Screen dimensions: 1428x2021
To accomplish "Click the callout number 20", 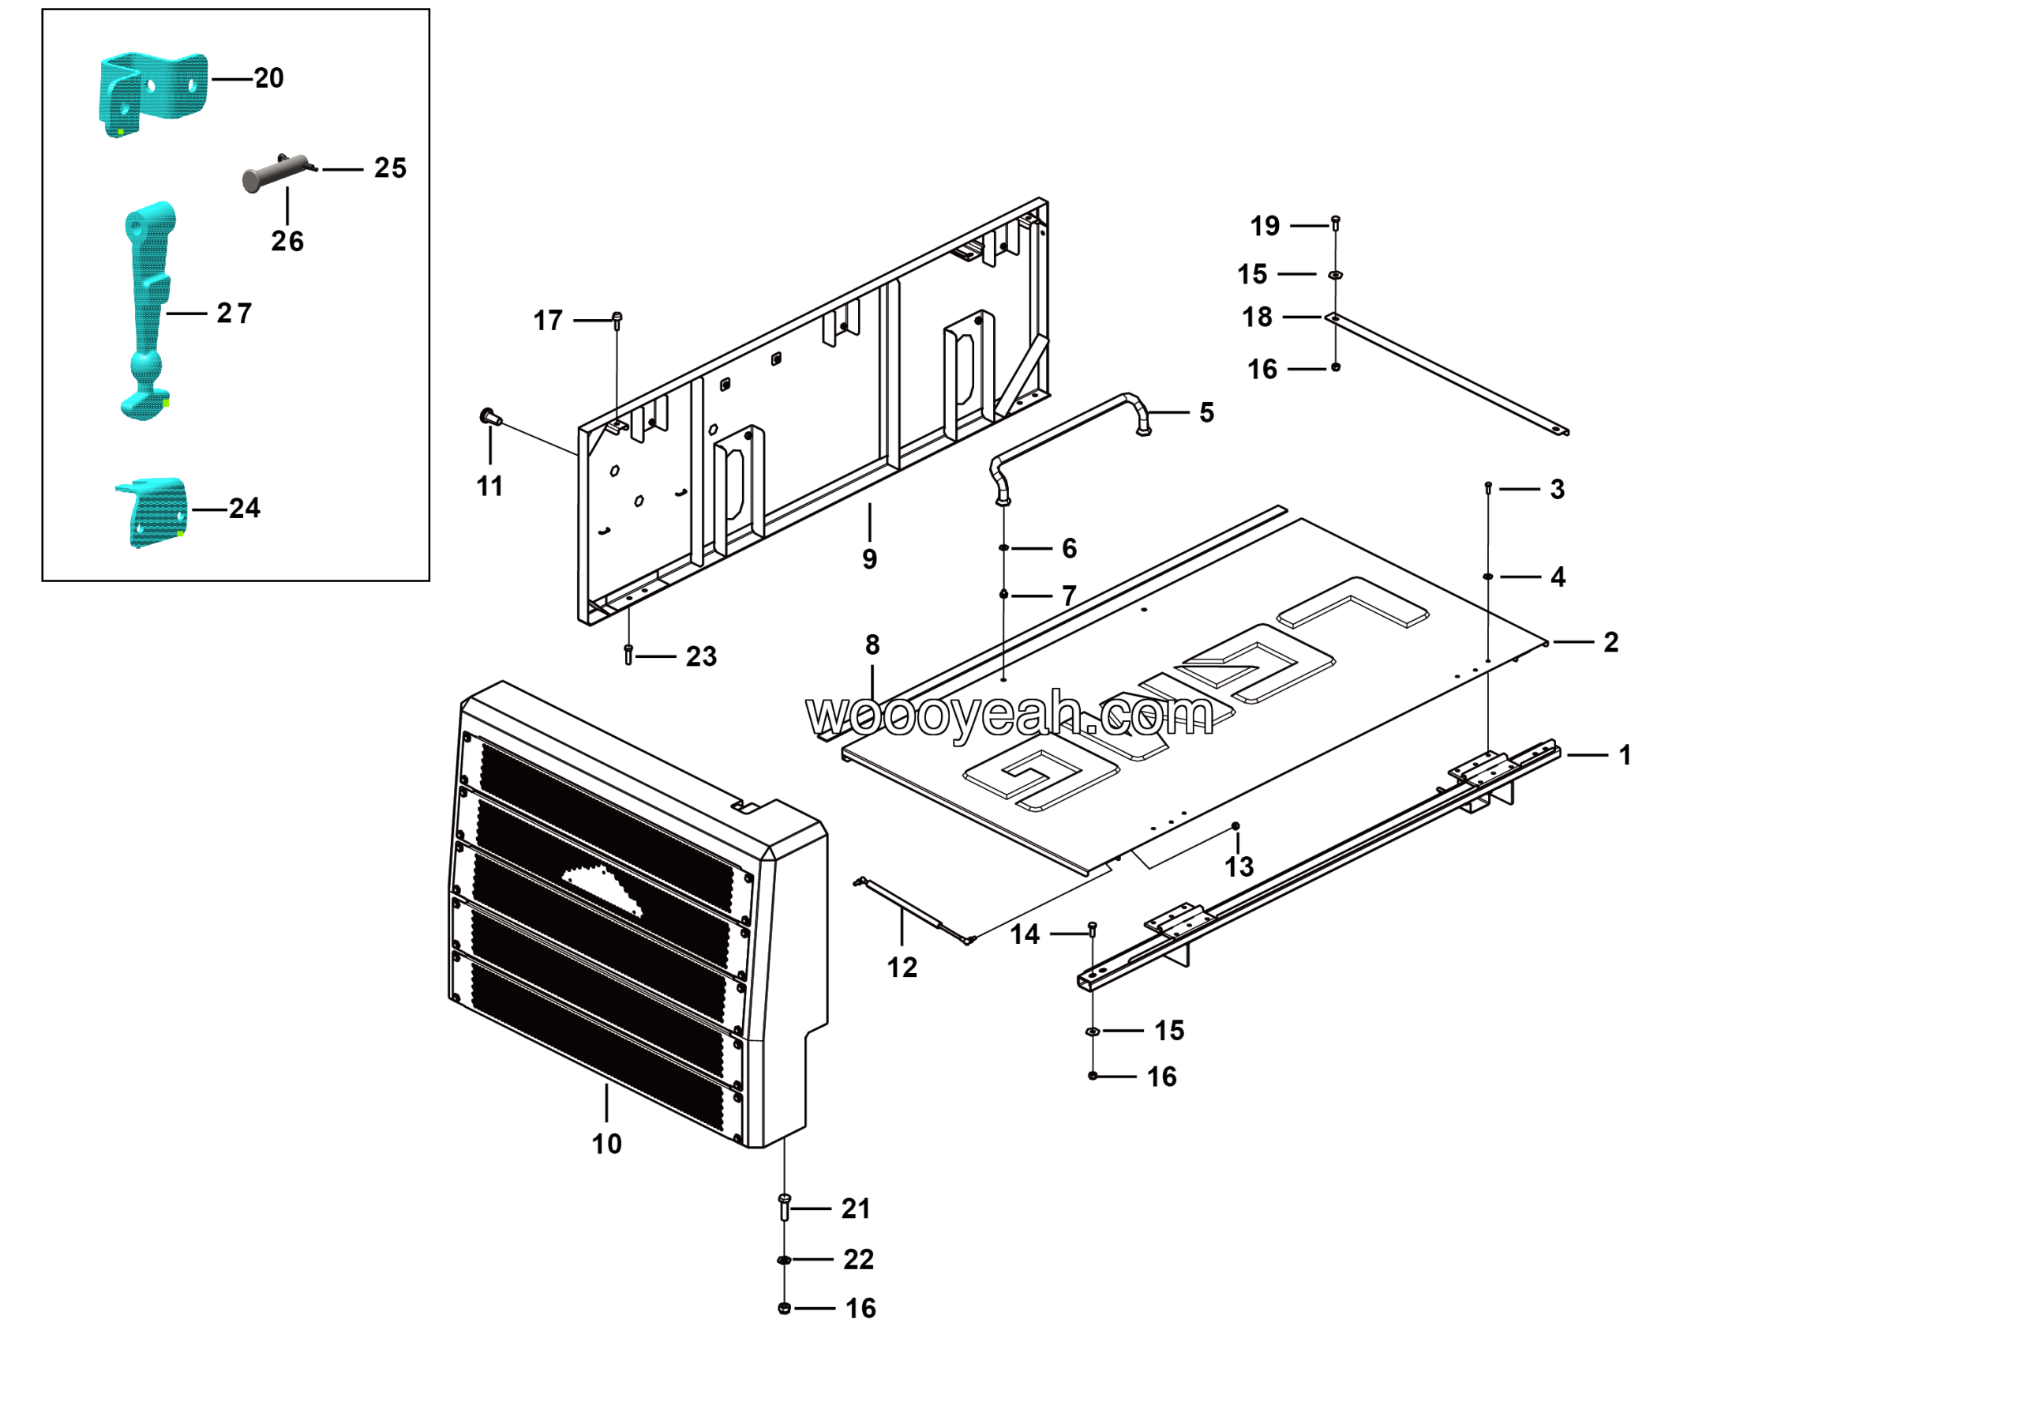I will coord(268,78).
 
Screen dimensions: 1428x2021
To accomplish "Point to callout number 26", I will coord(287,241).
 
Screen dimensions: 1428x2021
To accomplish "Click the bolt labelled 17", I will coord(617,320).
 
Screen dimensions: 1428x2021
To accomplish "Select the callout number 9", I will coord(870,559).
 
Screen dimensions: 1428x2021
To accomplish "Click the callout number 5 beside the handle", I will coord(1207,412).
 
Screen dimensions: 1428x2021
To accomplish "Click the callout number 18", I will coord(1257,317).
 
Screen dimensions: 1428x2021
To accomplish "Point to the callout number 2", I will coord(1610,642).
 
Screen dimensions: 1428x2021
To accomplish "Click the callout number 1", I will coord(1625,754).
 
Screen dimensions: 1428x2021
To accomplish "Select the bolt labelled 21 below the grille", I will coord(784,1207).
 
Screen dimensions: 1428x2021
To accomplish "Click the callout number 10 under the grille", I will coord(606,1144).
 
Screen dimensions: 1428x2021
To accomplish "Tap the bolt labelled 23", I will coord(628,655).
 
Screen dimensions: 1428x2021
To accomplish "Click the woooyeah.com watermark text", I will coord(1010,715).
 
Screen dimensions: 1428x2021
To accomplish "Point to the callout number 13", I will coord(1239,866).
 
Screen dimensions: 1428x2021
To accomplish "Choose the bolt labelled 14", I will coord(1093,929).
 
